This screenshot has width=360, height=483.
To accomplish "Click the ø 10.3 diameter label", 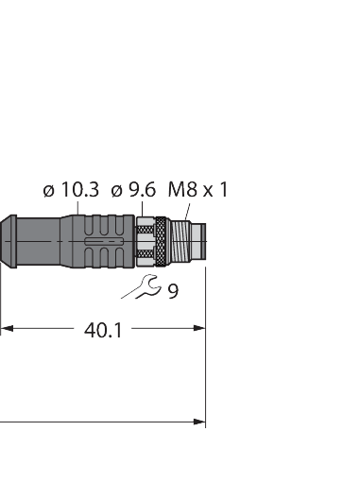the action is coord(71,190).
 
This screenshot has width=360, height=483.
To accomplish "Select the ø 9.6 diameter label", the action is coord(132,190).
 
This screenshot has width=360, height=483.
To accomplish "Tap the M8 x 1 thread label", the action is coord(197,189).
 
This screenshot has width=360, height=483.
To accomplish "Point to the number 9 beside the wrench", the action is coord(173,291).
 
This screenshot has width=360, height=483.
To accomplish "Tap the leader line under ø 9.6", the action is coord(143,208).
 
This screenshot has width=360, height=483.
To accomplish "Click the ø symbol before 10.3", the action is coord(48,191).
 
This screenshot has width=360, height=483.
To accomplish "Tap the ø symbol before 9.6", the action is coord(116,191).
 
